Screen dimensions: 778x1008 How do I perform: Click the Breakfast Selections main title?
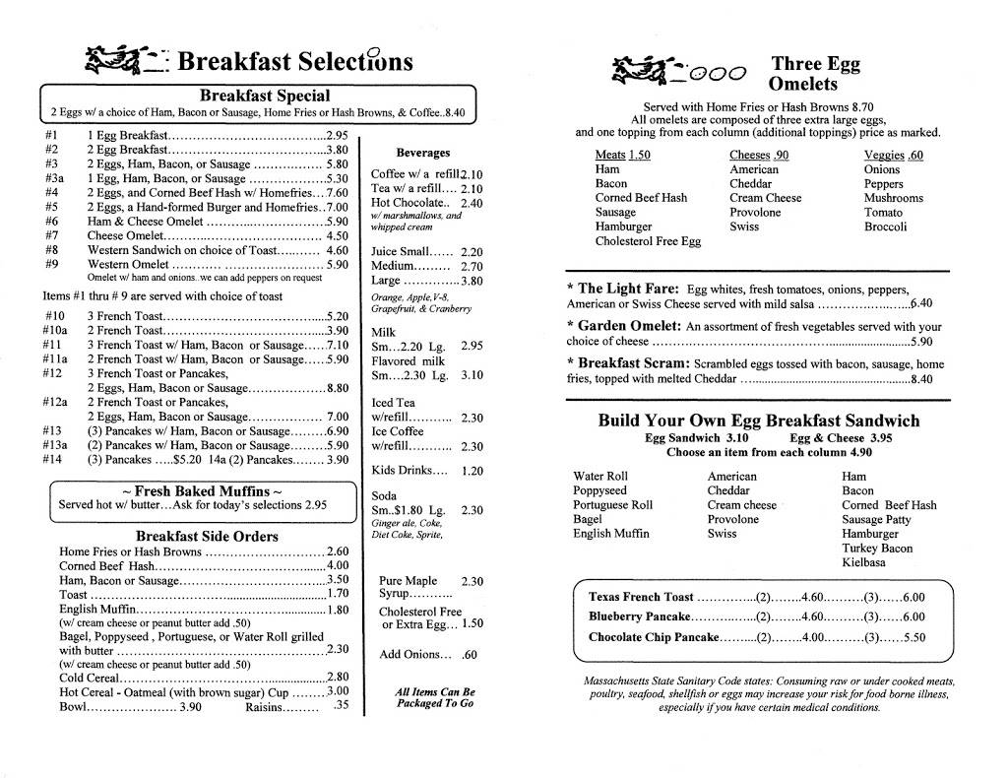pos(295,62)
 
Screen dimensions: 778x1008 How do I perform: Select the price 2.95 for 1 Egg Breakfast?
pos(338,135)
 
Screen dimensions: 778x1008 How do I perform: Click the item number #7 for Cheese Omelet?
pos(51,235)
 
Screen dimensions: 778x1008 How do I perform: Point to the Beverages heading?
pos(422,153)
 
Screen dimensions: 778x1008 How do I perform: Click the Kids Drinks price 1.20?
pos(472,471)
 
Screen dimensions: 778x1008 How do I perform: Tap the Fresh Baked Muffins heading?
pos(202,490)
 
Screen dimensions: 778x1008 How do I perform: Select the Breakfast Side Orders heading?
pos(207,537)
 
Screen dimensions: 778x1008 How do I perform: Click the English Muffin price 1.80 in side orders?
pos(339,609)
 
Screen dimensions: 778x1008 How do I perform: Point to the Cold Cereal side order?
pos(86,677)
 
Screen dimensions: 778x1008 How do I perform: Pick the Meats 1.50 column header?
pos(622,155)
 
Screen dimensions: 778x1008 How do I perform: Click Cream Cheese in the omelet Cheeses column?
pos(765,198)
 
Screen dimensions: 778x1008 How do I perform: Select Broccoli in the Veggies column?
pos(885,227)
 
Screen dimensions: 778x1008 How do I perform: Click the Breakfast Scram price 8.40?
pos(921,378)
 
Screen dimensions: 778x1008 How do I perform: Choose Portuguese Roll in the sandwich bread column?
pos(612,505)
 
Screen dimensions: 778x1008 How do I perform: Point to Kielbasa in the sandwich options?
pos(863,562)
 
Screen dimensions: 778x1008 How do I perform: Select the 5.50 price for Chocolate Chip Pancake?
pos(913,637)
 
